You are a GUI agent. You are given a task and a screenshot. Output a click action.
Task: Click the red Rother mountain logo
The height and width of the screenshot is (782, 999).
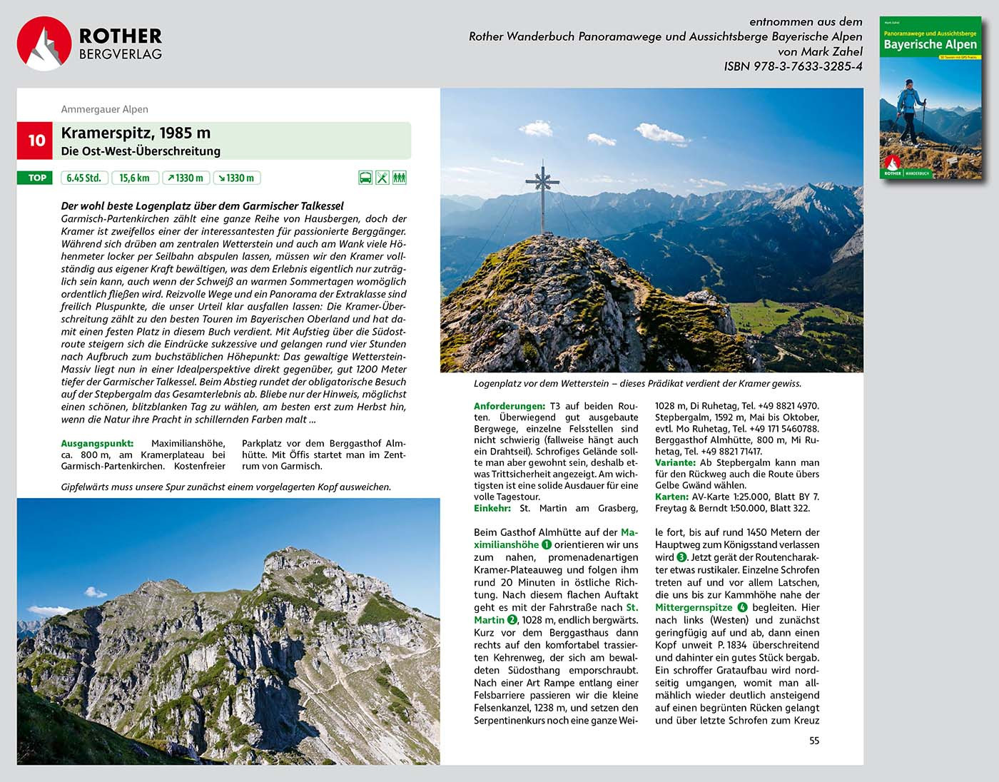click(44, 44)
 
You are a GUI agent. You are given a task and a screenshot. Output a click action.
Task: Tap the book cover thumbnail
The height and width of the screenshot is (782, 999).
click(930, 98)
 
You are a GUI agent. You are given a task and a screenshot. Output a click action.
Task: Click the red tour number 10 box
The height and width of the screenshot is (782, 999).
click(36, 141)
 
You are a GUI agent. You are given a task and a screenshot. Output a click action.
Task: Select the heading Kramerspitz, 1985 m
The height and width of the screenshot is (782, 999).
click(136, 133)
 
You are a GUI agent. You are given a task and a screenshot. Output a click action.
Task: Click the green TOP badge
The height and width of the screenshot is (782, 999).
click(36, 178)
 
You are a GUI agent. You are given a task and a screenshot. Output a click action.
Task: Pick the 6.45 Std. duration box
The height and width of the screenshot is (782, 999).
click(84, 178)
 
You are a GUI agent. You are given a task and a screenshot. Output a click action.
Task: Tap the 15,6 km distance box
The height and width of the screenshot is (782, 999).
click(134, 178)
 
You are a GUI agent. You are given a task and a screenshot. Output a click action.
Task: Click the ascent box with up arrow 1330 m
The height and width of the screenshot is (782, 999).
click(185, 178)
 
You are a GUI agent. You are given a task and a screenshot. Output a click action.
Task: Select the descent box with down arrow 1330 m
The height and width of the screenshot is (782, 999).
click(236, 178)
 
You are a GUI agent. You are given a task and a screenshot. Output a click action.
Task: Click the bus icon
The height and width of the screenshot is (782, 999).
click(365, 178)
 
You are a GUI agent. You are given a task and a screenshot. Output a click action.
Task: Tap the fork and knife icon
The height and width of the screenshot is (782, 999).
click(382, 178)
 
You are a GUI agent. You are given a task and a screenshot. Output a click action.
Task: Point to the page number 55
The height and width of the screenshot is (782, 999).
click(814, 741)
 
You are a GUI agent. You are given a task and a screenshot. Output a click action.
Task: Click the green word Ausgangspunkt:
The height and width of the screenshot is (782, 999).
click(97, 443)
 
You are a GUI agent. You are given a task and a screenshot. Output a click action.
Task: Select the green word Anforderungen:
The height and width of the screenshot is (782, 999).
click(509, 406)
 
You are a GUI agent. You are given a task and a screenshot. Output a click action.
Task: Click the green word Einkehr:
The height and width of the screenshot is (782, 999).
click(492, 508)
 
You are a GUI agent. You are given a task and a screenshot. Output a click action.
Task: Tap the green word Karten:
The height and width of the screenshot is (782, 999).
click(671, 497)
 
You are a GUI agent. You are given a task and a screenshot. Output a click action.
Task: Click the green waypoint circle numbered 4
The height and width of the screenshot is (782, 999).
click(742, 607)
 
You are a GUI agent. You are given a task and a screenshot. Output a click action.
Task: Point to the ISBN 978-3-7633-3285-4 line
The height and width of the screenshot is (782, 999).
click(793, 66)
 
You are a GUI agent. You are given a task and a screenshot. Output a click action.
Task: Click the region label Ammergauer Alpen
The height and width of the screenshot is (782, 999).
click(105, 109)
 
